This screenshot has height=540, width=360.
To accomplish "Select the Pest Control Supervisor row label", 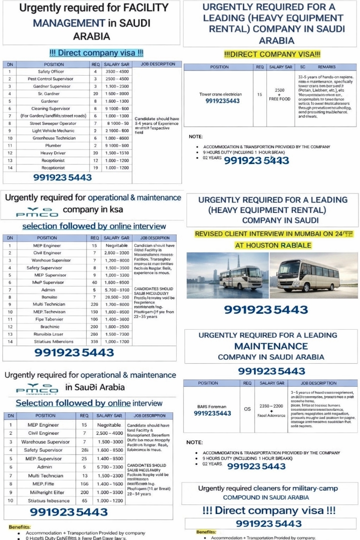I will coord(51,79).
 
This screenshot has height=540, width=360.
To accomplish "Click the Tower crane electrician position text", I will coord(220,94).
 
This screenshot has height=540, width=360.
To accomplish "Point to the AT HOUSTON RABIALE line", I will coord(273,245).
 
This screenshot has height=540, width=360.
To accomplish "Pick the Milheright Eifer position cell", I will coord(46,492).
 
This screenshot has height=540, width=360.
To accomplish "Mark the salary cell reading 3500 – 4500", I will coord(117,72).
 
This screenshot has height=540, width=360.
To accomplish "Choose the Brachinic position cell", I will coord(47,327).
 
